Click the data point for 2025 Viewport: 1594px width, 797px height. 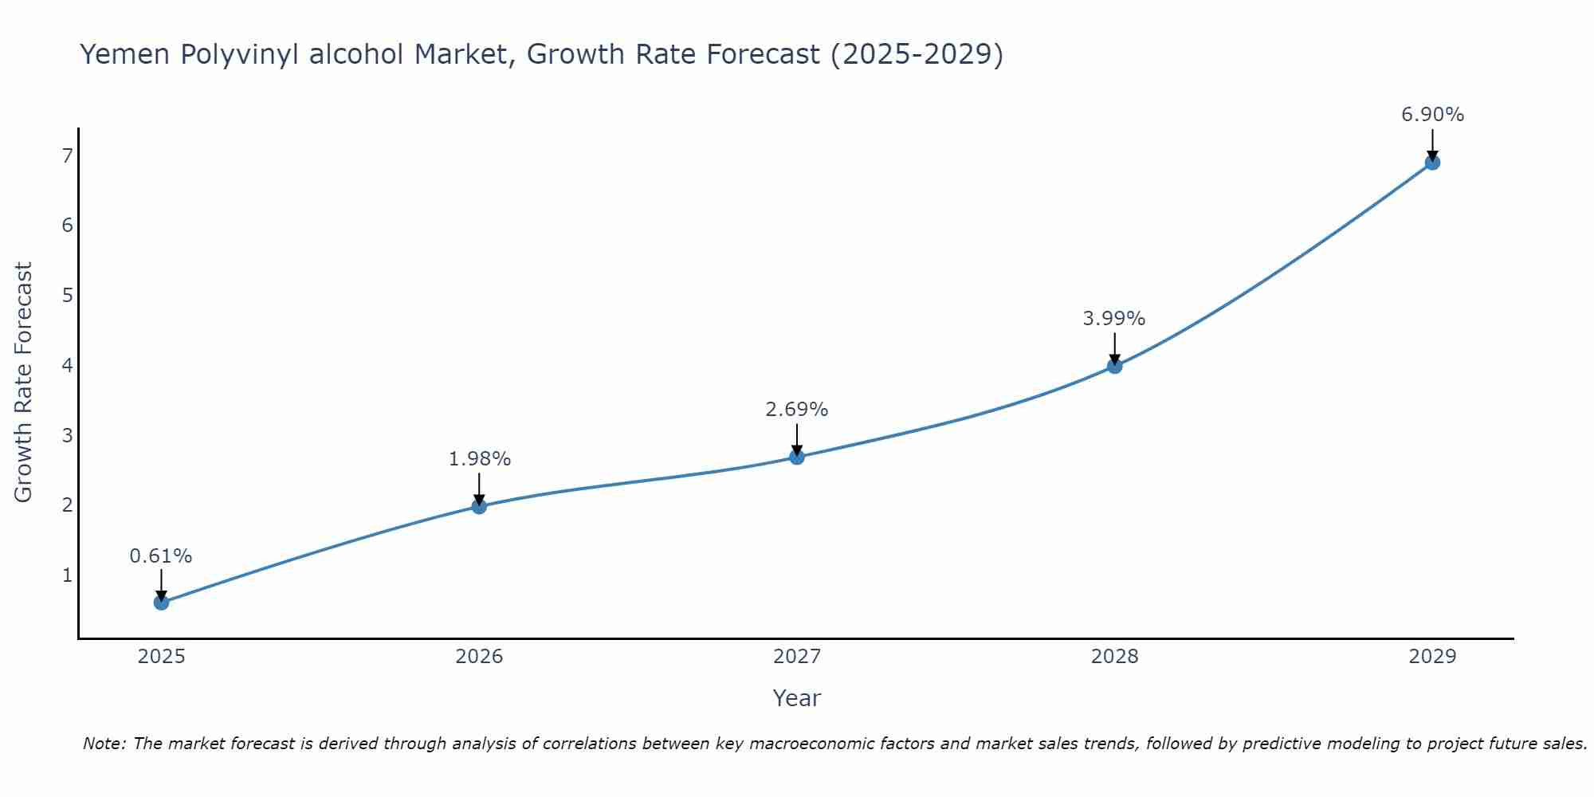[161, 602]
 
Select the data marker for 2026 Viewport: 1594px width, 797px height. [479, 506]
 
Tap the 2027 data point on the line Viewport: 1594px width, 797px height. [797, 457]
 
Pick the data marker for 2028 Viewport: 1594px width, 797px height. [1114, 366]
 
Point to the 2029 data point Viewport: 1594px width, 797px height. [1432, 163]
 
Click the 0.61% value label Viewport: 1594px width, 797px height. [161, 556]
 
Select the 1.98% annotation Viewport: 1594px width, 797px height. [479, 459]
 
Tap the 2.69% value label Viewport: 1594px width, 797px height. [797, 410]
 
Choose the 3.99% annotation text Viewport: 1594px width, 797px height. [1114, 319]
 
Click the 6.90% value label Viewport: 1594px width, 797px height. [1432, 115]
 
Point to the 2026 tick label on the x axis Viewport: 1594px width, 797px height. [479, 657]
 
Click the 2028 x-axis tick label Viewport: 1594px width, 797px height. [1114, 657]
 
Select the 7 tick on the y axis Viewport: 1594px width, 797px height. [67, 155]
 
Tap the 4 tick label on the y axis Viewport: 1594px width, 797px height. [67, 365]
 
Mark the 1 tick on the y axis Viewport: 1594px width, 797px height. [67, 575]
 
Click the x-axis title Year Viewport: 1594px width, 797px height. [797, 698]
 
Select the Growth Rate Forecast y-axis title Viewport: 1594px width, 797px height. [24, 383]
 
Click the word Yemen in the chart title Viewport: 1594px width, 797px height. [125, 54]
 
